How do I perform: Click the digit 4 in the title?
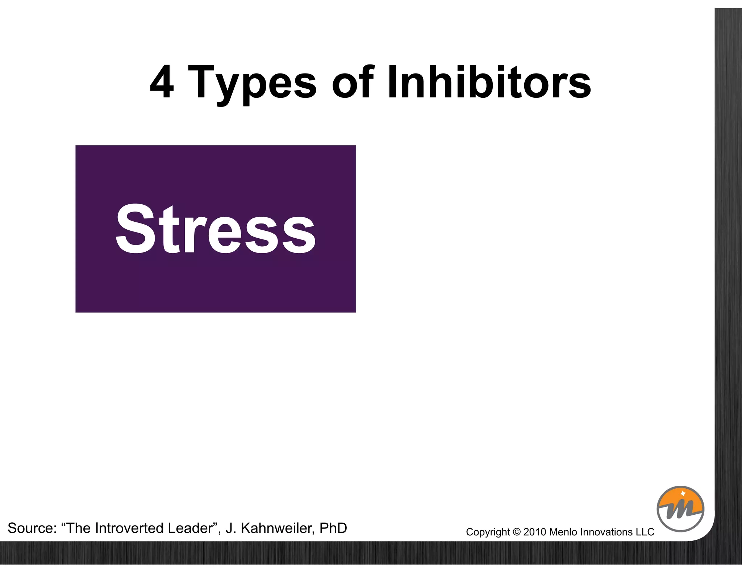tap(162, 83)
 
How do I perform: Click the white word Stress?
tap(216, 230)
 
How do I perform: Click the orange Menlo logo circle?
tap(680, 509)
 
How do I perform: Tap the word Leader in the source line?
tap(191, 528)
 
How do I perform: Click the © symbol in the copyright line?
tap(516, 532)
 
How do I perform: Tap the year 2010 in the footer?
tap(534, 532)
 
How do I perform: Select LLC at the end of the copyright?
tap(645, 532)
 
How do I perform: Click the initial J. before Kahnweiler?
tap(231, 528)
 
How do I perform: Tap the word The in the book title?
tap(79, 528)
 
